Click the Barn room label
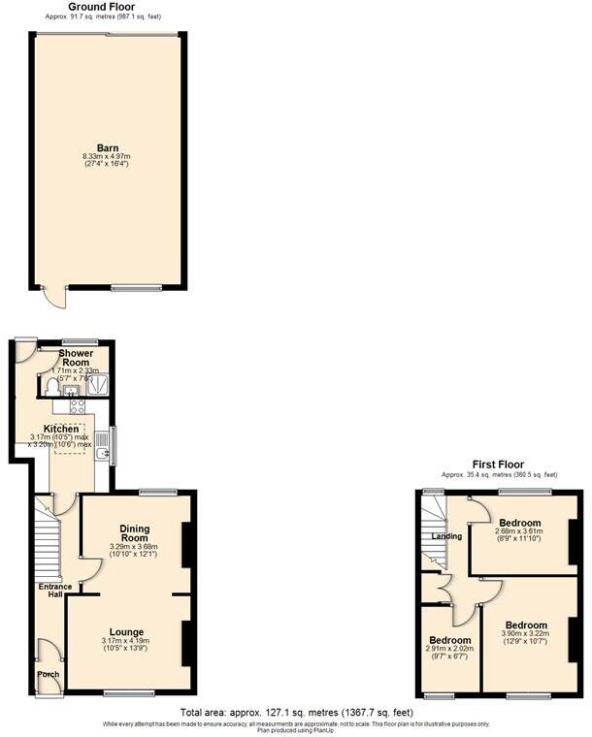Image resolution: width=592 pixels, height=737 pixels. (x=107, y=148)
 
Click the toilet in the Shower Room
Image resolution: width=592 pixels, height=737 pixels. (x=53, y=387)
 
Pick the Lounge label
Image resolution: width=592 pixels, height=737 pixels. (x=126, y=631)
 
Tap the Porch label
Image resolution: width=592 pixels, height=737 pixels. (x=48, y=675)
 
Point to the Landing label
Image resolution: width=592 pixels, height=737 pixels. (x=446, y=536)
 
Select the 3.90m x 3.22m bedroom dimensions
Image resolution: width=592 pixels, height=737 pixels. (x=525, y=637)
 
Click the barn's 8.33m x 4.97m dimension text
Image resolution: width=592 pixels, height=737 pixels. (x=107, y=160)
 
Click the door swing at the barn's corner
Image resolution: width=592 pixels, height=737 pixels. (x=59, y=298)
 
